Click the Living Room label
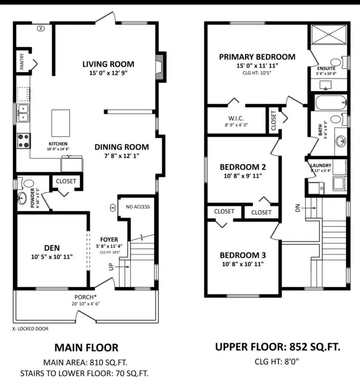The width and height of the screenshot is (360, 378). tap(108, 64)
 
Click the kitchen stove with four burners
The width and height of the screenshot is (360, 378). tap(23, 141)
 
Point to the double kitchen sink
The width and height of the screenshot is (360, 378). tap(23, 112)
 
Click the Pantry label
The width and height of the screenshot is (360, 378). tap(21, 62)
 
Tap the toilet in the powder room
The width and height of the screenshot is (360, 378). tap(28, 183)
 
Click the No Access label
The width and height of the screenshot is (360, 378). tap(138, 207)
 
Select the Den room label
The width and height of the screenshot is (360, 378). tap(52, 247)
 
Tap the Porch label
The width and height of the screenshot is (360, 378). tap(85, 297)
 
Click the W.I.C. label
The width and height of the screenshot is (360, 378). tap(236, 119)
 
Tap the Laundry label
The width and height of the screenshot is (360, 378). tap(320, 165)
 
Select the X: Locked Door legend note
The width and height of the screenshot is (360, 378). tap(30, 328)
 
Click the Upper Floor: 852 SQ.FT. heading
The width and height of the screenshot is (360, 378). tap(277, 347)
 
